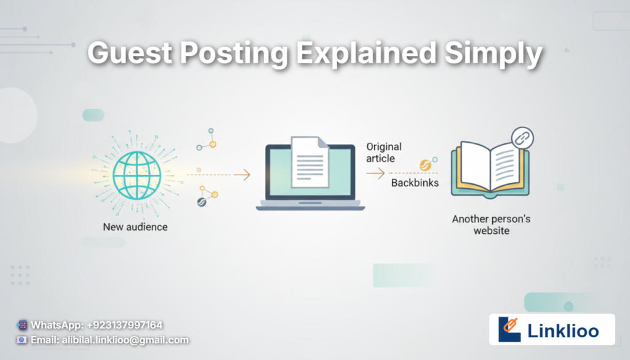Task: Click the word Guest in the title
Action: [x=130, y=53]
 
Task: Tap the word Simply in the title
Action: [x=493, y=54]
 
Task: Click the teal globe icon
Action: [x=137, y=175]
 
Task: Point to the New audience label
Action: [x=135, y=227]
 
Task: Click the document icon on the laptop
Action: [x=310, y=162]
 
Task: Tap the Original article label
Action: [x=384, y=153]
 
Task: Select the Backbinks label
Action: [x=415, y=183]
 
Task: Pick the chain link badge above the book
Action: [x=522, y=138]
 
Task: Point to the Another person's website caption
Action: [x=492, y=225]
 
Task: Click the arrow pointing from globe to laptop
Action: [x=219, y=175]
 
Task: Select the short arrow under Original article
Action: [x=376, y=174]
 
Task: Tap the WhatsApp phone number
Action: [x=124, y=325]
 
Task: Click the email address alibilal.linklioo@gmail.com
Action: [x=126, y=340]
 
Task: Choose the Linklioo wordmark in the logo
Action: [x=563, y=331]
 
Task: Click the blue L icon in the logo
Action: [x=509, y=329]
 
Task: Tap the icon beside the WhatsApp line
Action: [x=23, y=325]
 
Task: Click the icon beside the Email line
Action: [x=22, y=340]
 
